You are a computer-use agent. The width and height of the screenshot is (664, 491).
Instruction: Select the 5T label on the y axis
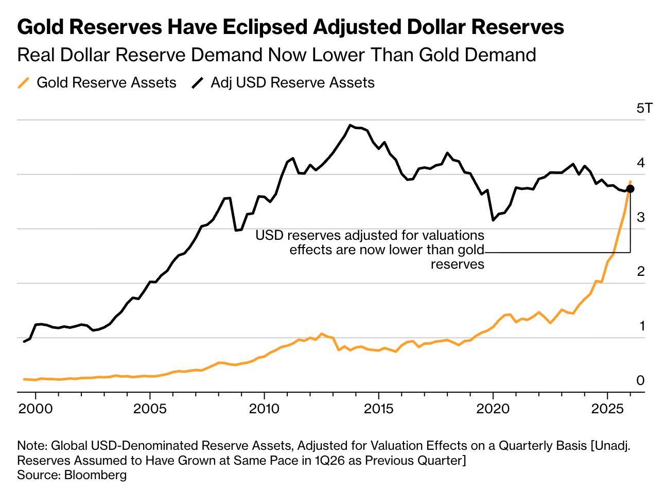pos(644,108)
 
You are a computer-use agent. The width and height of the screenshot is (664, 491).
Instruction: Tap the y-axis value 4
pos(640,163)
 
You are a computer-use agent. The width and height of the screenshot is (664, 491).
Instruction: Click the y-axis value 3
pos(640,217)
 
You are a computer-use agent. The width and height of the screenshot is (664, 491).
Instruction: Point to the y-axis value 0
pos(640,380)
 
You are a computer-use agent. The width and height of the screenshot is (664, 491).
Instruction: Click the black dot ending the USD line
pos(630,189)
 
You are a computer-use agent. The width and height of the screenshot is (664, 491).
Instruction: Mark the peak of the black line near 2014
pos(350,125)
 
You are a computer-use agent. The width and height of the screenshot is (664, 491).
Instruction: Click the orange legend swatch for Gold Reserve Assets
pos(24,83)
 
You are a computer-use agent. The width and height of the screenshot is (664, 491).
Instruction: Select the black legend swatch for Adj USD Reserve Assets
pos(198,83)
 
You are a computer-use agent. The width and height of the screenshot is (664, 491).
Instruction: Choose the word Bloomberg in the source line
pos(95,475)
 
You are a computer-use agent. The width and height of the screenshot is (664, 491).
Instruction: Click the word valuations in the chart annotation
pos(453,235)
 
